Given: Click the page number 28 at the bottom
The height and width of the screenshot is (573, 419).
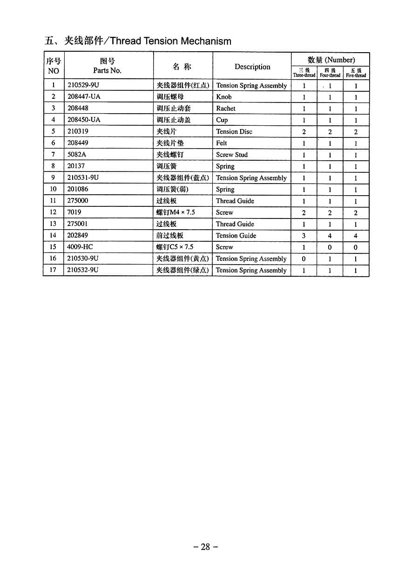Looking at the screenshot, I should pyautogui.click(x=205, y=547).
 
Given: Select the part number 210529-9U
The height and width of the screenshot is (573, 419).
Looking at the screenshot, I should pyautogui.click(x=83, y=85).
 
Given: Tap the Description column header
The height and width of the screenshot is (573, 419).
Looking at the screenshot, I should pyautogui.click(x=252, y=67).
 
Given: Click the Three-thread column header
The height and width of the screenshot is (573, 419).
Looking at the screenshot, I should pyautogui.click(x=304, y=73).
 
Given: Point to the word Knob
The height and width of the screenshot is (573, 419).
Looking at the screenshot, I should pyautogui.click(x=224, y=97).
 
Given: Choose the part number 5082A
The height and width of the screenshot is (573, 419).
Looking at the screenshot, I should pyautogui.click(x=76, y=154).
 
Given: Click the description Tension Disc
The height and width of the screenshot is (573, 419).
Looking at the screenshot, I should pyautogui.click(x=234, y=131).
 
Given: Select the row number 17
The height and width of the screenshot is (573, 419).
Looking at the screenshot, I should pyautogui.click(x=53, y=270).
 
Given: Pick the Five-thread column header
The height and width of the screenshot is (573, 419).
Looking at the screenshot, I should pyautogui.click(x=356, y=73).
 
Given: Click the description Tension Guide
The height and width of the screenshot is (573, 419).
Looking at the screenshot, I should pyautogui.click(x=236, y=235).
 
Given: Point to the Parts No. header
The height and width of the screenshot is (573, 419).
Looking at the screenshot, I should pyautogui.click(x=107, y=70).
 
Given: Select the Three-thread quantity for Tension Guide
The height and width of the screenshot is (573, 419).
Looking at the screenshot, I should pyautogui.click(x=304, y=236).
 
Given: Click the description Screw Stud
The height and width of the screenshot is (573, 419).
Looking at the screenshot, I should pyautogui.click(x=232, y=155).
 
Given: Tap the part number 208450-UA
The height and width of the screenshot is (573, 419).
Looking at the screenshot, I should pyautogui.click(x=84, y=120).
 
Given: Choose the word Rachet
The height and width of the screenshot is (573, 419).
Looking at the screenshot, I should pyautogui.click(x=226, y=108).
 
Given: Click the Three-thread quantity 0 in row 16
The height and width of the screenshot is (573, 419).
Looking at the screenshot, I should pyautogui.click(x=304, y=259).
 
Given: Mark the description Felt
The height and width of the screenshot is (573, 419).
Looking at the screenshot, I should pyautogui.click(x=222, y=143).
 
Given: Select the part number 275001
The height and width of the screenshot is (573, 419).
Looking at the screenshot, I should pyautogui.click(x=77, y=224).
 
